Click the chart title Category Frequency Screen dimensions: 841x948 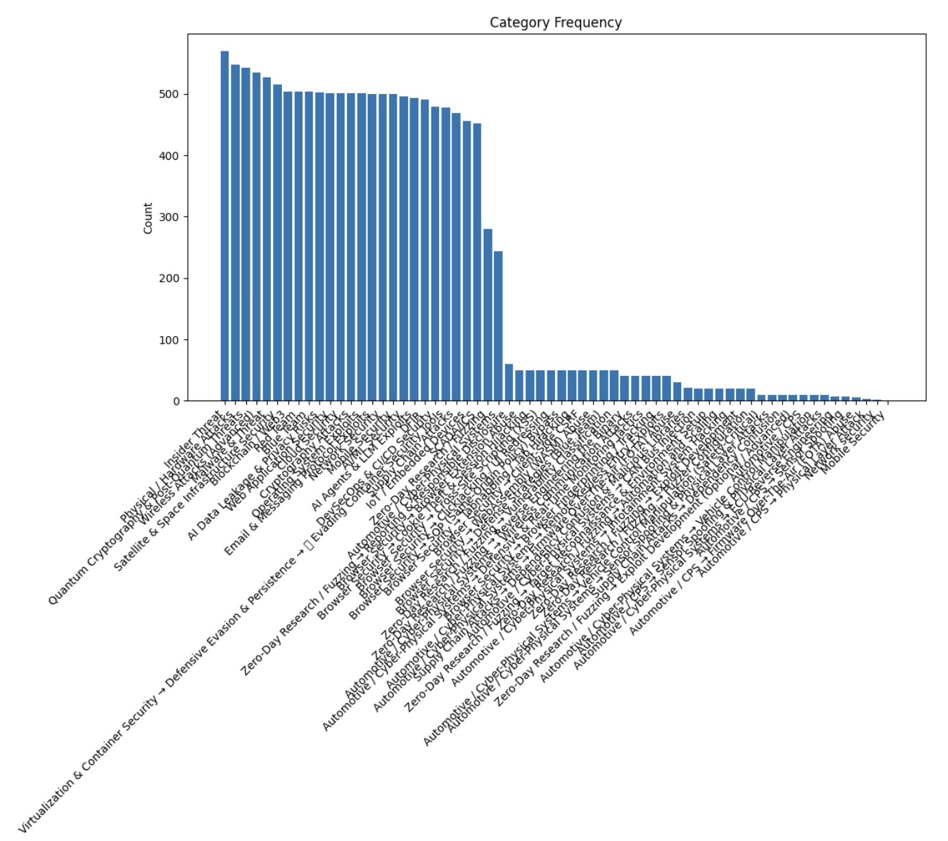tap(556, 23)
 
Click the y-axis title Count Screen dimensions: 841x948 tap(148, 218)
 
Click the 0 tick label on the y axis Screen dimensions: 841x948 tap(177, 401)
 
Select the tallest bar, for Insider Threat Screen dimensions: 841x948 tap(225, 226)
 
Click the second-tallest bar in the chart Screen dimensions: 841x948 tap(235, 233)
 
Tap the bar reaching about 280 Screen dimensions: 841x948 tap(488, 315)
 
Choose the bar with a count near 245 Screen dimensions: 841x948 tap(498, 327)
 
